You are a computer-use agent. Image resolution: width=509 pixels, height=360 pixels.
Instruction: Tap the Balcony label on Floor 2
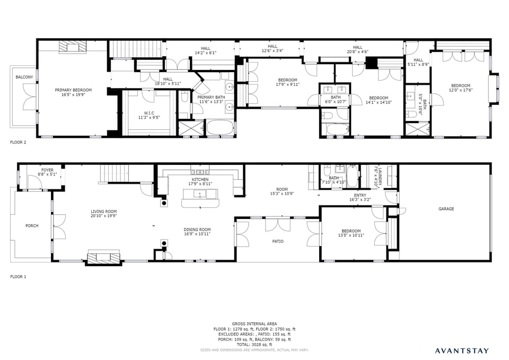(24, 77)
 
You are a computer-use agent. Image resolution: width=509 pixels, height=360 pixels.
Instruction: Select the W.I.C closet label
(149, 112)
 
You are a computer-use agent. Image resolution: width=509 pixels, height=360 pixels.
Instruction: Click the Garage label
(446, 209)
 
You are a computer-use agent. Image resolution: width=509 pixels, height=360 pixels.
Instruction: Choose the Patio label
(277, 241)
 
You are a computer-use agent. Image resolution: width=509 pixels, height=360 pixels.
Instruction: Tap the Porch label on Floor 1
(32, 226)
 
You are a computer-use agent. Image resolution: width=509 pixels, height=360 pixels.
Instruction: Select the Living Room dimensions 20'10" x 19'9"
(103, 216)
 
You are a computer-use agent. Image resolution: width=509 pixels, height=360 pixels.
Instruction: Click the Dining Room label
(197, 230)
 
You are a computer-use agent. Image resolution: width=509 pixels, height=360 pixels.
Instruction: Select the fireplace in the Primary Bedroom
(71, 48)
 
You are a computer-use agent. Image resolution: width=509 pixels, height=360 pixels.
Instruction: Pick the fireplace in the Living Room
(103, 258)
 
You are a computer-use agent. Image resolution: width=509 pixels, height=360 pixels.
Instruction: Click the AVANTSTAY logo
(462, 350)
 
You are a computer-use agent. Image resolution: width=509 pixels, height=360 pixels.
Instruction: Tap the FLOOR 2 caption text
(19, 143)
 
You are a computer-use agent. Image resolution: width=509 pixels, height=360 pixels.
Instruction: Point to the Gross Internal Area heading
(254, 323)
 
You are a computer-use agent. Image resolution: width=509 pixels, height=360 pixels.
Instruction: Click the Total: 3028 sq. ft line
(254, 345)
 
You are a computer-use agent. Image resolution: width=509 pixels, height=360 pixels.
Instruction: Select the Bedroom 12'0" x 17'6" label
(460, 88)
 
